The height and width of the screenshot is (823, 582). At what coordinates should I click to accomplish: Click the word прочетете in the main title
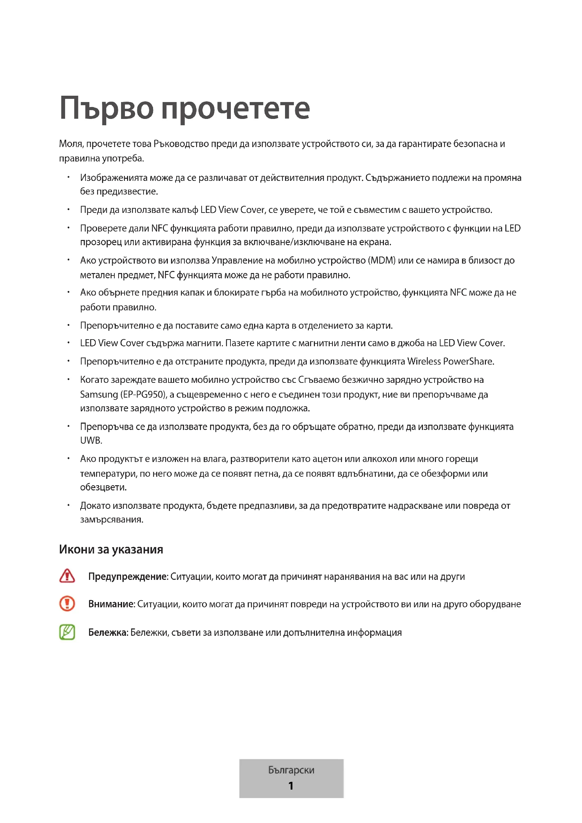point(235,109)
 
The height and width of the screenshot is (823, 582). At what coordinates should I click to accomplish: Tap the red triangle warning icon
point(67,576)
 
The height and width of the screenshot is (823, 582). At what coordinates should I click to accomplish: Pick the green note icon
point(67,632)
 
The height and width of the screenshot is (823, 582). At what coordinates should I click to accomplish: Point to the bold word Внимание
point(112,604)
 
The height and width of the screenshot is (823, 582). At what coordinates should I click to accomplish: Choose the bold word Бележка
point(108,632)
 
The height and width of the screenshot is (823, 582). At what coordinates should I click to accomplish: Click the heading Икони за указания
point(111,550)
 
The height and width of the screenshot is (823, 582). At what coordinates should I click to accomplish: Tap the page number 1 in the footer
point(291,786)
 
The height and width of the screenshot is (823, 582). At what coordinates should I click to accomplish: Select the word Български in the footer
point(291,770)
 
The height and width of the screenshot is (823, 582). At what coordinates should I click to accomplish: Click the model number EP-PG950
point(144,395)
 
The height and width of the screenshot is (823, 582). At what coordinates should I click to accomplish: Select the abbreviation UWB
point(91,441)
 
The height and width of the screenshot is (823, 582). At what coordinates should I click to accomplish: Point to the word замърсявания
point(112,519)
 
